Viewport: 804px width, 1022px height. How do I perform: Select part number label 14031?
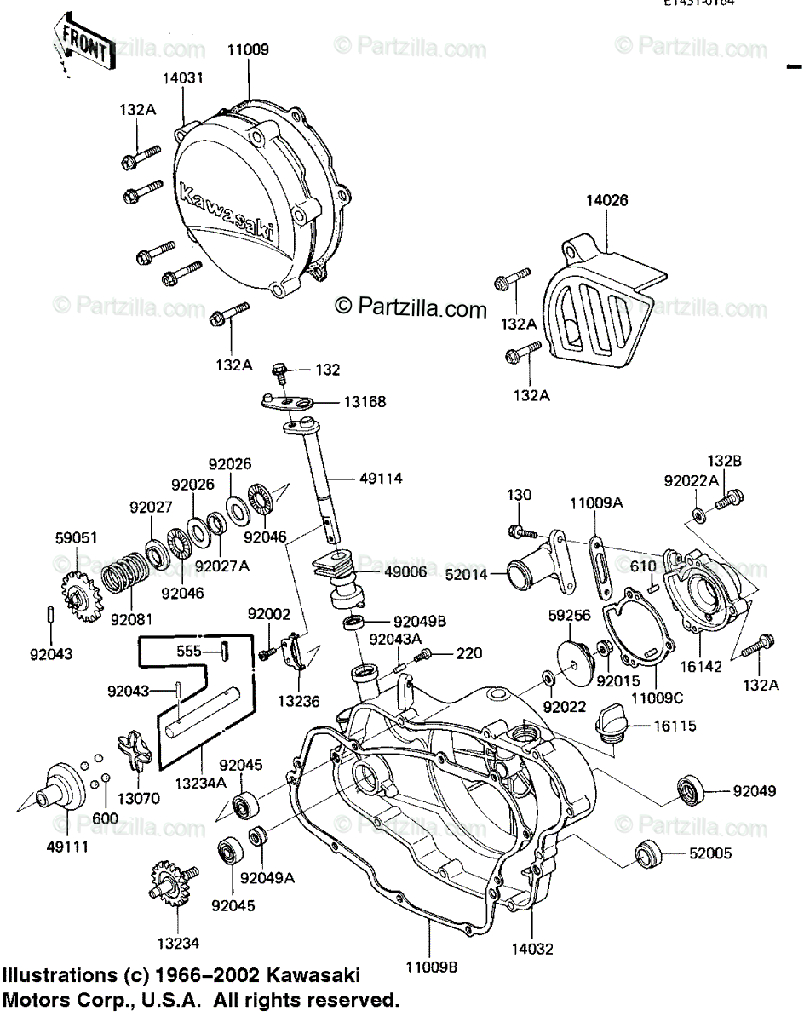[183, 78]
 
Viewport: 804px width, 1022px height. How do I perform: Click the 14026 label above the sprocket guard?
[606, 202]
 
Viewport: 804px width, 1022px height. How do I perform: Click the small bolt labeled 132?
[279, 370]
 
